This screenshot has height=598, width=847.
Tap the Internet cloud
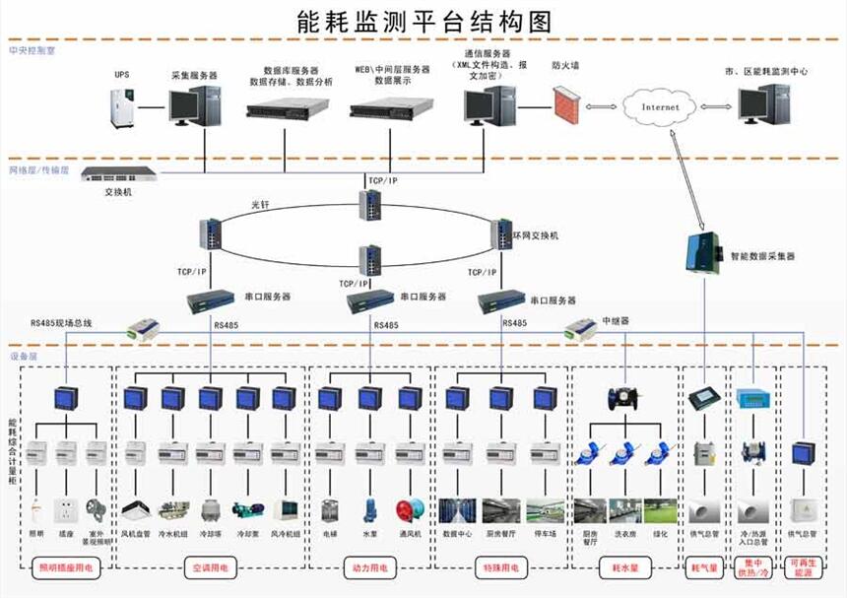[x=660, y=106]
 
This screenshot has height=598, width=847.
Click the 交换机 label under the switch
[x=118, y=192]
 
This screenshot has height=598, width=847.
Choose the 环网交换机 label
[x=536, y=236]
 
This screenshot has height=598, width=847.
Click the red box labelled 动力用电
[x=368, y=567]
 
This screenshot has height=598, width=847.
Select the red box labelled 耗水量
[x=626, y=567]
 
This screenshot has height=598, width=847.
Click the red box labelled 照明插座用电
[x=65, y=567]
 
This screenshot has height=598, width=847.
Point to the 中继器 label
[x=617, y=321]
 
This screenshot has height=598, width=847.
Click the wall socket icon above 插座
[x=66, y=510]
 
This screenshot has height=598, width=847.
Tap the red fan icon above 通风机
[x=408, y=510]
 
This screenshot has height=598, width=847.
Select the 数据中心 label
[x=458, y=534]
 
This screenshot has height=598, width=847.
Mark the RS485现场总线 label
[x=60, y=322]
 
